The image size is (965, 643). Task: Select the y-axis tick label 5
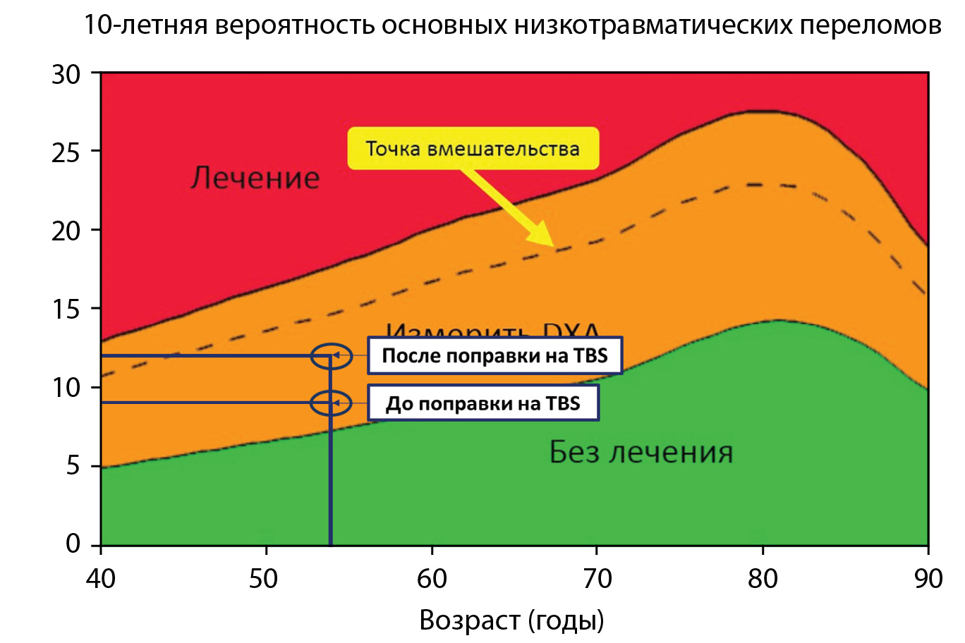pos(73,466)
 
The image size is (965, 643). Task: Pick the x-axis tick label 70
pos(597,579)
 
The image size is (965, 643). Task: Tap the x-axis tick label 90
pos(928,579)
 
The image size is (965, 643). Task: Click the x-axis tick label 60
pos(431,579)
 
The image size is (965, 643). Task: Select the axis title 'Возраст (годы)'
pos(511,620)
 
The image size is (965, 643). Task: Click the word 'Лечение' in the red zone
pos(255,177)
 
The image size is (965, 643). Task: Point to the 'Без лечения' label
pos(641,452)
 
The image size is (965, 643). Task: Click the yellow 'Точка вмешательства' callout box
pos(473,149)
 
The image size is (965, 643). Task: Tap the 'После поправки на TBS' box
pos(494,355)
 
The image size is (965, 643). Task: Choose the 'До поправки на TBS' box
pos(482,403)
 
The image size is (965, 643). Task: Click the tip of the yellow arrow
pos(554,245)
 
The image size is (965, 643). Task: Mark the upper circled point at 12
pos(331,356)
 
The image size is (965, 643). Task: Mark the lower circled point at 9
pos(331,403)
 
